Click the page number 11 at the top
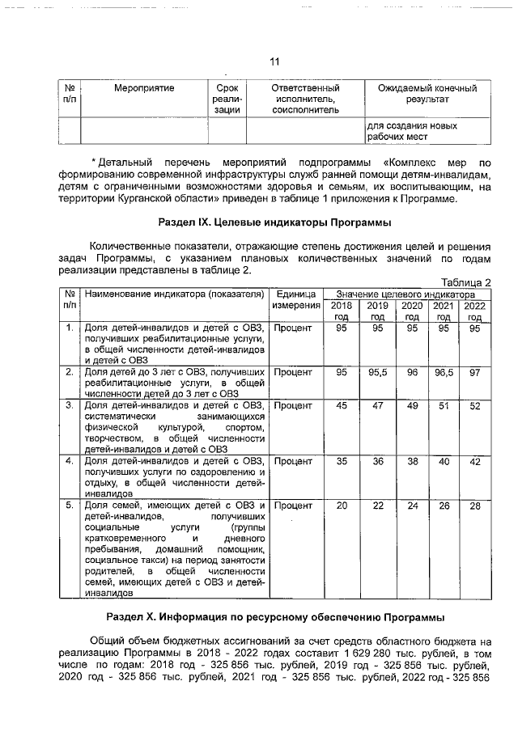coord(274,62)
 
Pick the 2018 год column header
coord(342,311)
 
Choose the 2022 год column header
coord(474,311)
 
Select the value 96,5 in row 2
coord(443,372)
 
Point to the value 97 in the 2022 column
coord(474,372)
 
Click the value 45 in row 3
coord(342,405)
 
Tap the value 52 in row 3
coord(474,405)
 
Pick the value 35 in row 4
coord(342,461)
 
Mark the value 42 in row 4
coord(474,461)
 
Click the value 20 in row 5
coord(342,506)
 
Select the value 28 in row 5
coord(474,506)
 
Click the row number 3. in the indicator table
coord(70,404)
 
